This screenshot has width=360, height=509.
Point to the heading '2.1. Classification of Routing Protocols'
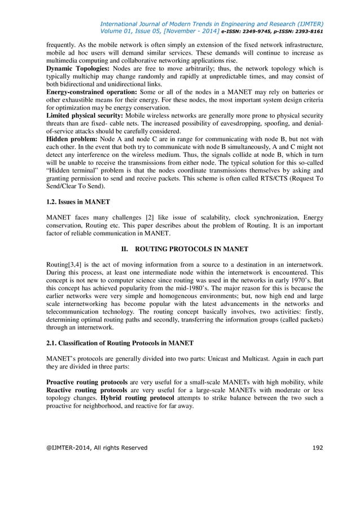120,343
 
